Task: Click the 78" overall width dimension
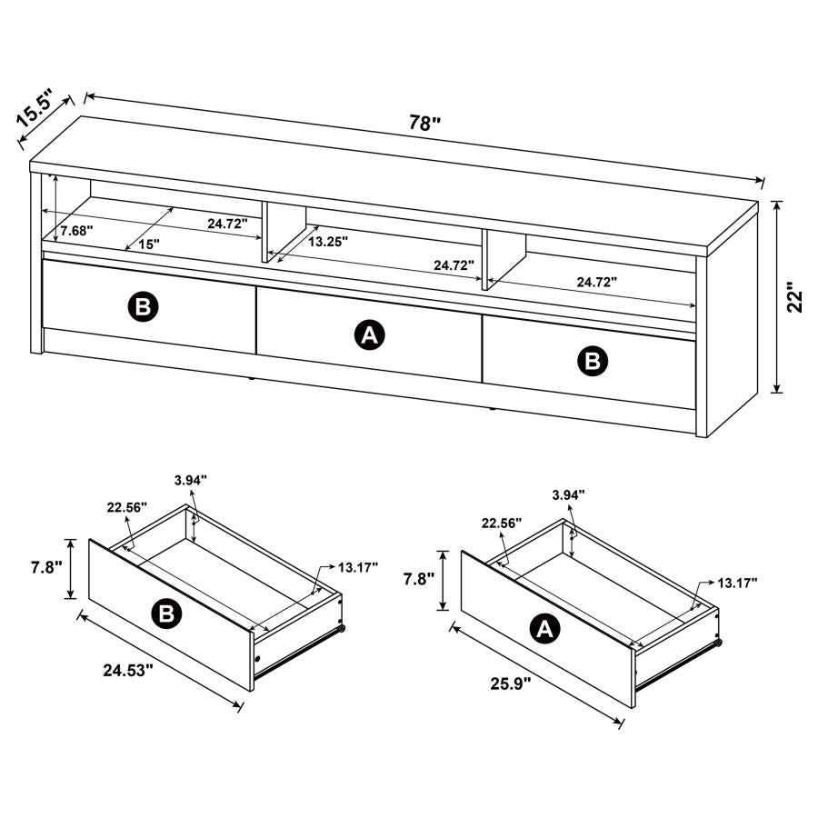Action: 424,124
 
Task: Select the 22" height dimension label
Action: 797,297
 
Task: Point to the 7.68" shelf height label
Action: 76,232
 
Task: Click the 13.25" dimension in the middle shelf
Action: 327,242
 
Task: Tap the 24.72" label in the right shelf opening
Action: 595,282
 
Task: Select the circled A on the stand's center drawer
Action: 369,335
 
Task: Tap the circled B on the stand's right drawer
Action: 593,362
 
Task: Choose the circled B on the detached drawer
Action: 166,615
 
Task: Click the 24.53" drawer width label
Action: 128,670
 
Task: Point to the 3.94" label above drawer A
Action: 568,494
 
